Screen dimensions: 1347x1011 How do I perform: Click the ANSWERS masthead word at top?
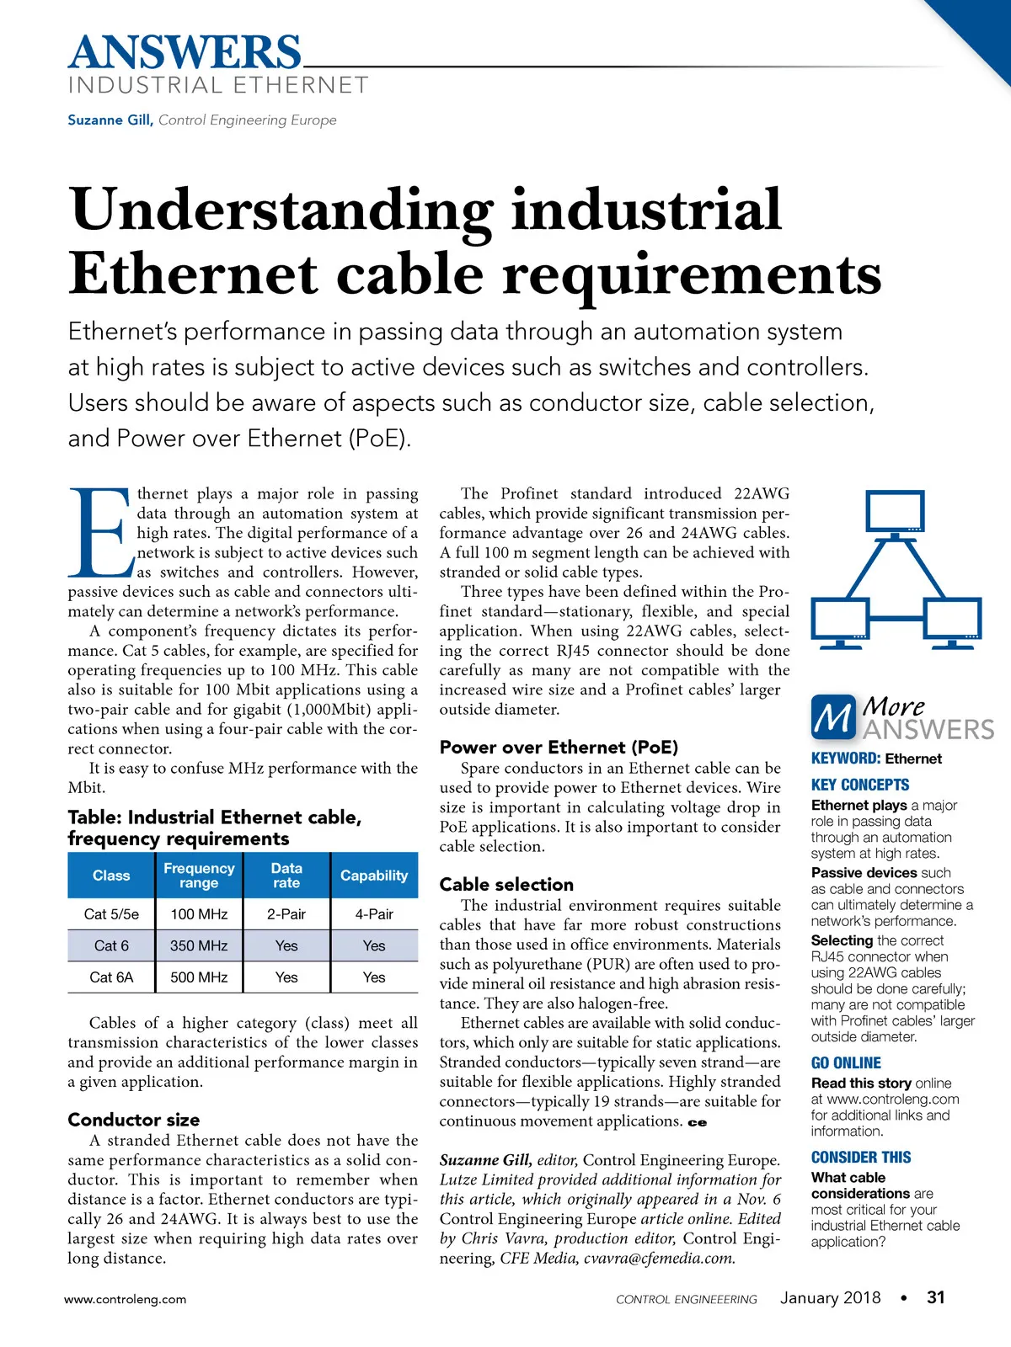185,52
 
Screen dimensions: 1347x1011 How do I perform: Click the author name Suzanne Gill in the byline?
110,120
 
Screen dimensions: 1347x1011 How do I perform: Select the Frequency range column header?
199,876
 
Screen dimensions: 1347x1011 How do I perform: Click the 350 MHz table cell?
199,945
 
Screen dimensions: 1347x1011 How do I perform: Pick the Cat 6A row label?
111,977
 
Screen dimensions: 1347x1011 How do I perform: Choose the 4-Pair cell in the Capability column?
374,914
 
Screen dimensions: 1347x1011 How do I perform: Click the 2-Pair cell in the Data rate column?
286,914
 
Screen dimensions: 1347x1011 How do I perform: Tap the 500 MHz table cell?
199,977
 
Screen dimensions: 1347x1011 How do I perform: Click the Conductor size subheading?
134,1120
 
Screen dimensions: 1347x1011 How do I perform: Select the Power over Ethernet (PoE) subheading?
559,747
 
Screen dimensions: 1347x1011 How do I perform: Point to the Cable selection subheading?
506,884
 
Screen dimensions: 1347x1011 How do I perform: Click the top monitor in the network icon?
896,513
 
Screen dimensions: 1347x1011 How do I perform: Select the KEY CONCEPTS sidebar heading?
860,785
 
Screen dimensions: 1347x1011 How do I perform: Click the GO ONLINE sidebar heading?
846,1062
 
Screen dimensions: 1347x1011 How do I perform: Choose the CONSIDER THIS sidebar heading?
861,1157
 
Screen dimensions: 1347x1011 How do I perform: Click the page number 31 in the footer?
935,1297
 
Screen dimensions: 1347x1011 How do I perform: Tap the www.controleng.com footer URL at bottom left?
126,1299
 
